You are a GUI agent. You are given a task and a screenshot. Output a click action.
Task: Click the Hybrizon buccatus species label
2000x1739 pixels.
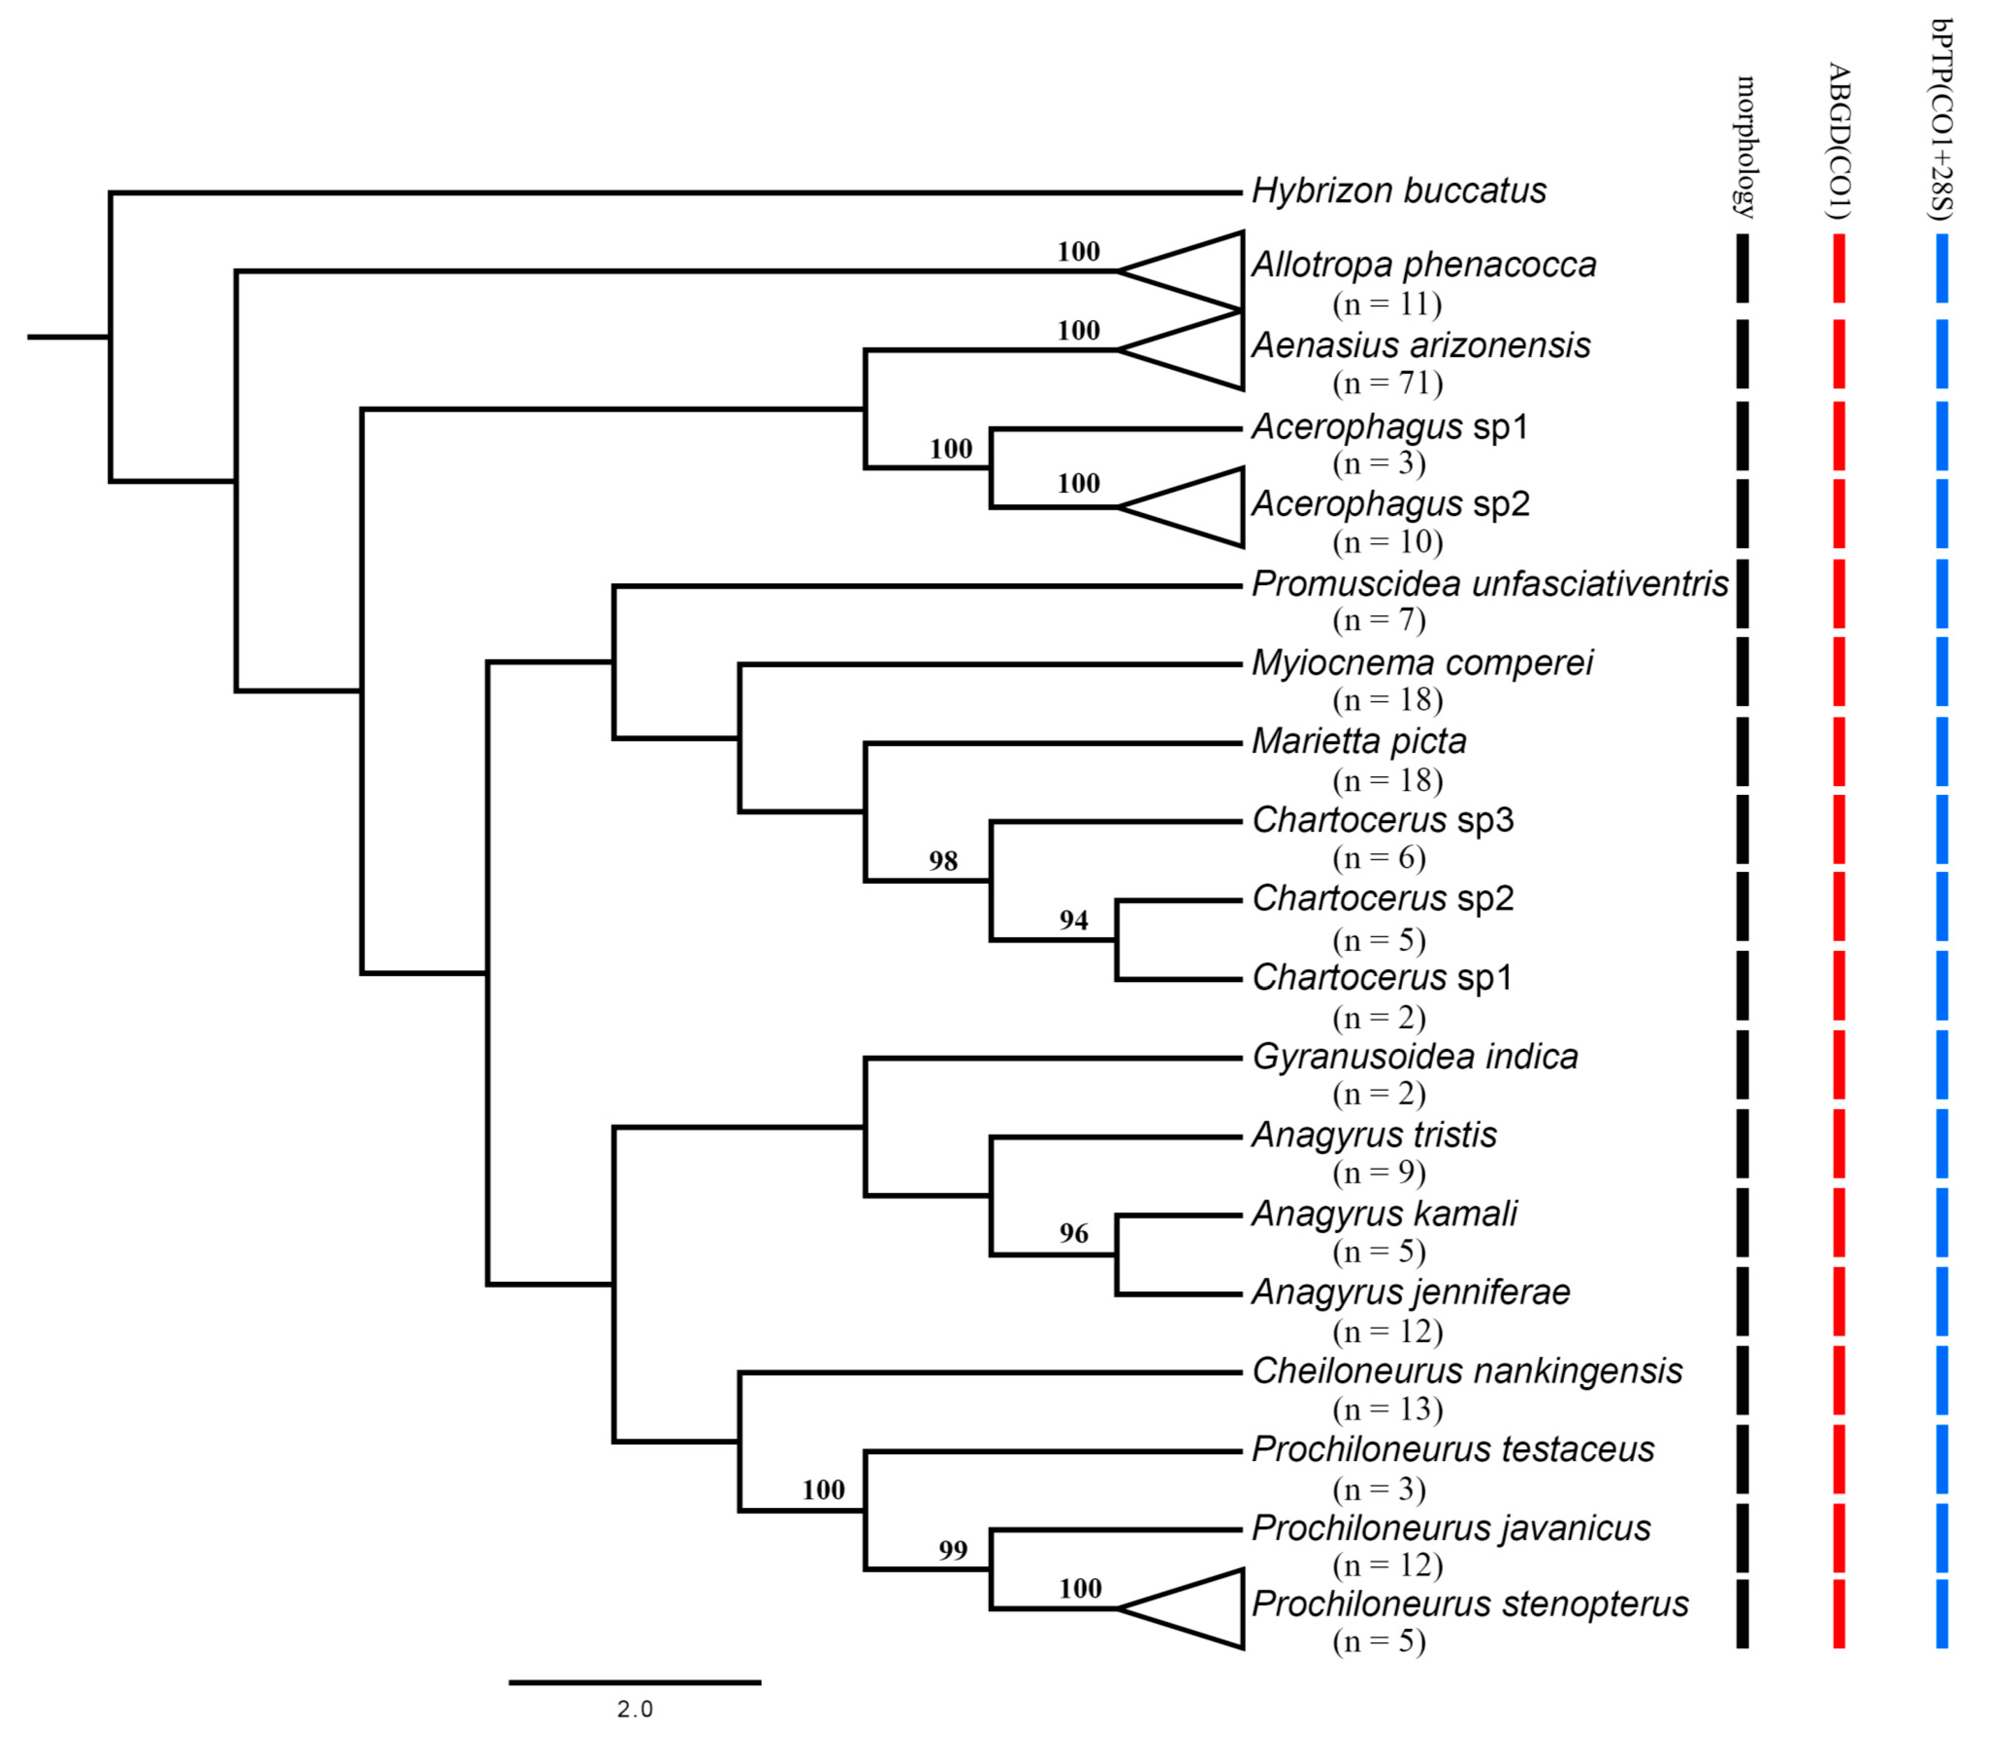click(1398, 191)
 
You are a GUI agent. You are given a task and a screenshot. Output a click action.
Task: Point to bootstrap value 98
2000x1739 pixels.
click(942, 861)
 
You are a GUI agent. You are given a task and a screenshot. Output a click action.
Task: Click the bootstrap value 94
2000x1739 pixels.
click(1073, 920)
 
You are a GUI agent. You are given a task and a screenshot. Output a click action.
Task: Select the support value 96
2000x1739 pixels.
click(1073, 1233)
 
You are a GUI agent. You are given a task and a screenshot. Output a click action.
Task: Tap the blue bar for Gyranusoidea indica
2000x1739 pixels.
click(1942, 1064)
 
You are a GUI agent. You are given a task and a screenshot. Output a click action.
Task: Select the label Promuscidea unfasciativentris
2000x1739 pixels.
click(1489, 584)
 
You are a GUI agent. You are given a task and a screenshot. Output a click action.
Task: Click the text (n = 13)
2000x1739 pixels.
click(1387, 1409)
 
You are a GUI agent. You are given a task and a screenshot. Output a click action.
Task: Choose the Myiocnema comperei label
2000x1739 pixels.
click(1421, 664)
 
